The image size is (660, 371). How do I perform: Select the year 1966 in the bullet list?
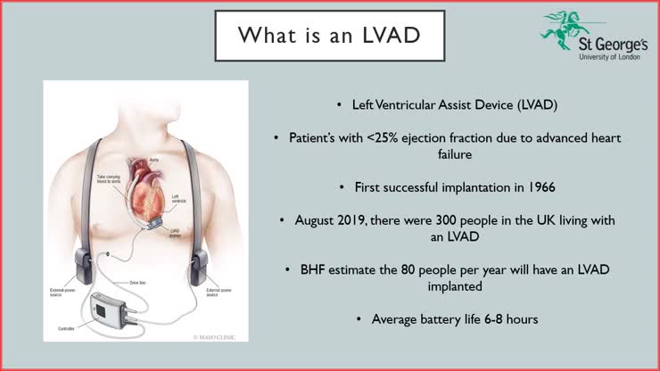(490, 187)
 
